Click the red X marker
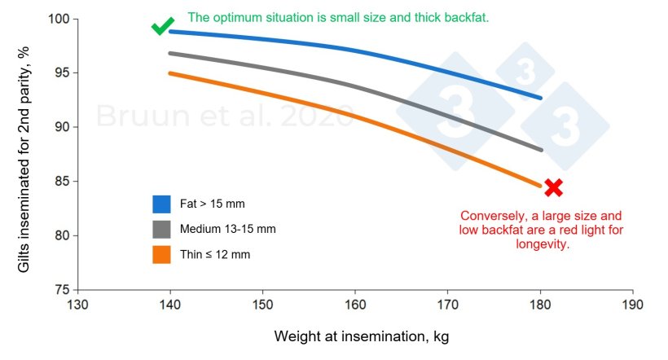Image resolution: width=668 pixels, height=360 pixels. click(553, 188)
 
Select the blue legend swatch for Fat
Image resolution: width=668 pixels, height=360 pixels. click(161, 203)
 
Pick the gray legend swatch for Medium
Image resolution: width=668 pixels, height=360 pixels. click(161, 229)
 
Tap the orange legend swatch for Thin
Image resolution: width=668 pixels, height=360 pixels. click(161, 255)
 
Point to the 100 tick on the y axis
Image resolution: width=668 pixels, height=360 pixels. click(62, 19)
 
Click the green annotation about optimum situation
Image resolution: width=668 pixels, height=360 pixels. click(338, 16)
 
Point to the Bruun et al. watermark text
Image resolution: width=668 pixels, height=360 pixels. click(224, 116)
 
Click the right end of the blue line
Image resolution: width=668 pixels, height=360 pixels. click(541, 98)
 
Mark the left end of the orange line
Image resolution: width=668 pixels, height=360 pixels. click(169, 73)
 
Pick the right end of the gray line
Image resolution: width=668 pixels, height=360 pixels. click(541, 150)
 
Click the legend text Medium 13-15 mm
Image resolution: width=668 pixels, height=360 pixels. click(229, 229)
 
